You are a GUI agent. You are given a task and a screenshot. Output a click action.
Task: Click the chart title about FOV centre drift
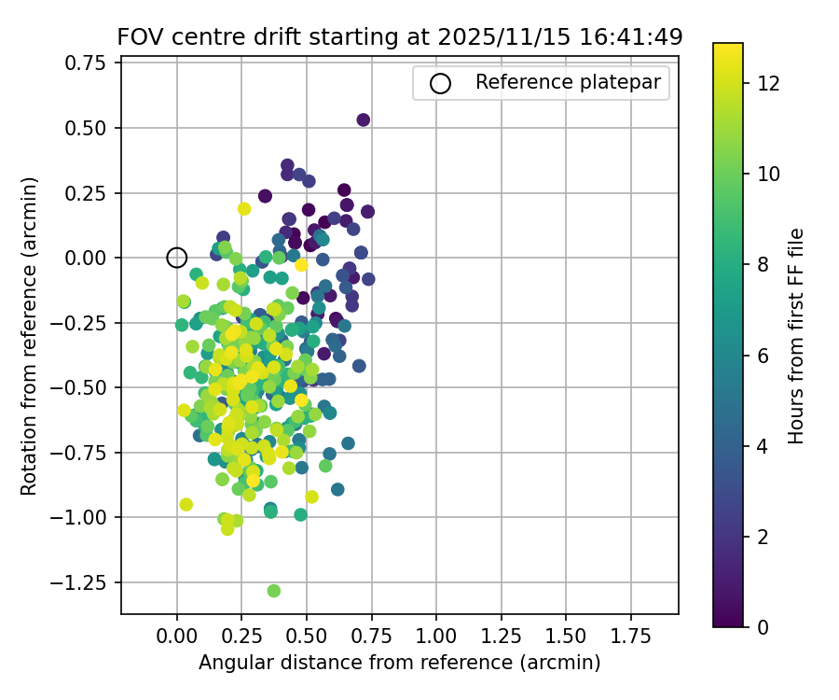pyautogui.click(x=399, y=37)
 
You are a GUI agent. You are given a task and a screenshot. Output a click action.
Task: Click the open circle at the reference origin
pyautogui.click(x=177, y=258)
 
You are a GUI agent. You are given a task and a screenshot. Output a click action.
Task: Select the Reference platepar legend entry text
pyautogui.click(x=568, y=82)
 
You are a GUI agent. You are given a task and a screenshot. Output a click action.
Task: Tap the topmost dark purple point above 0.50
pyautogui.click(x=364, y=119)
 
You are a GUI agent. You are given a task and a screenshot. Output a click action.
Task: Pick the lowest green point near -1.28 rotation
pyautogui.click(x=274, y=591)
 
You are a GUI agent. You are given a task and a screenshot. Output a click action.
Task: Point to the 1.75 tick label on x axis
pyautogui.click(x=631, y=637)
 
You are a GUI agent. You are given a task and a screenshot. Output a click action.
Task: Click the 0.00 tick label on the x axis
pyautogui.click(x=177, y=637)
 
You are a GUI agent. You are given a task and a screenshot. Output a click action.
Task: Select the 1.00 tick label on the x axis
pyautogui.click(x=436, y=637)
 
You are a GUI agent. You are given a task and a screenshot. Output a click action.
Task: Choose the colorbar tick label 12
pyautogui.click(x=769, y=83)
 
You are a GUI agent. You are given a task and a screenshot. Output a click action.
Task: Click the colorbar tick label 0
pyautogui.click(x=763, y=626)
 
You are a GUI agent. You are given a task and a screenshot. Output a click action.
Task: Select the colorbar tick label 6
pyautogui.click(x=763, y=355)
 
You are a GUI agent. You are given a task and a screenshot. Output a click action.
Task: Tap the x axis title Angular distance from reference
pyautogui.click(x=399, y=663)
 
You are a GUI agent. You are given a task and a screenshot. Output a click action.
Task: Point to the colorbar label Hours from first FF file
pyautogui.click(x=796, y=336)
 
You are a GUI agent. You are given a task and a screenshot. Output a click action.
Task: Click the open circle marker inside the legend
pyautogui.click(x=440, y=83)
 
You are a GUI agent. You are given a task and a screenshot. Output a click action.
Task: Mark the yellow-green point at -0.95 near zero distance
pyautogui.click(x=186, y=505)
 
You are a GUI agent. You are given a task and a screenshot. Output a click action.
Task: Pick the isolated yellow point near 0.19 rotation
pyautogui.click(x=244, y=209)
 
